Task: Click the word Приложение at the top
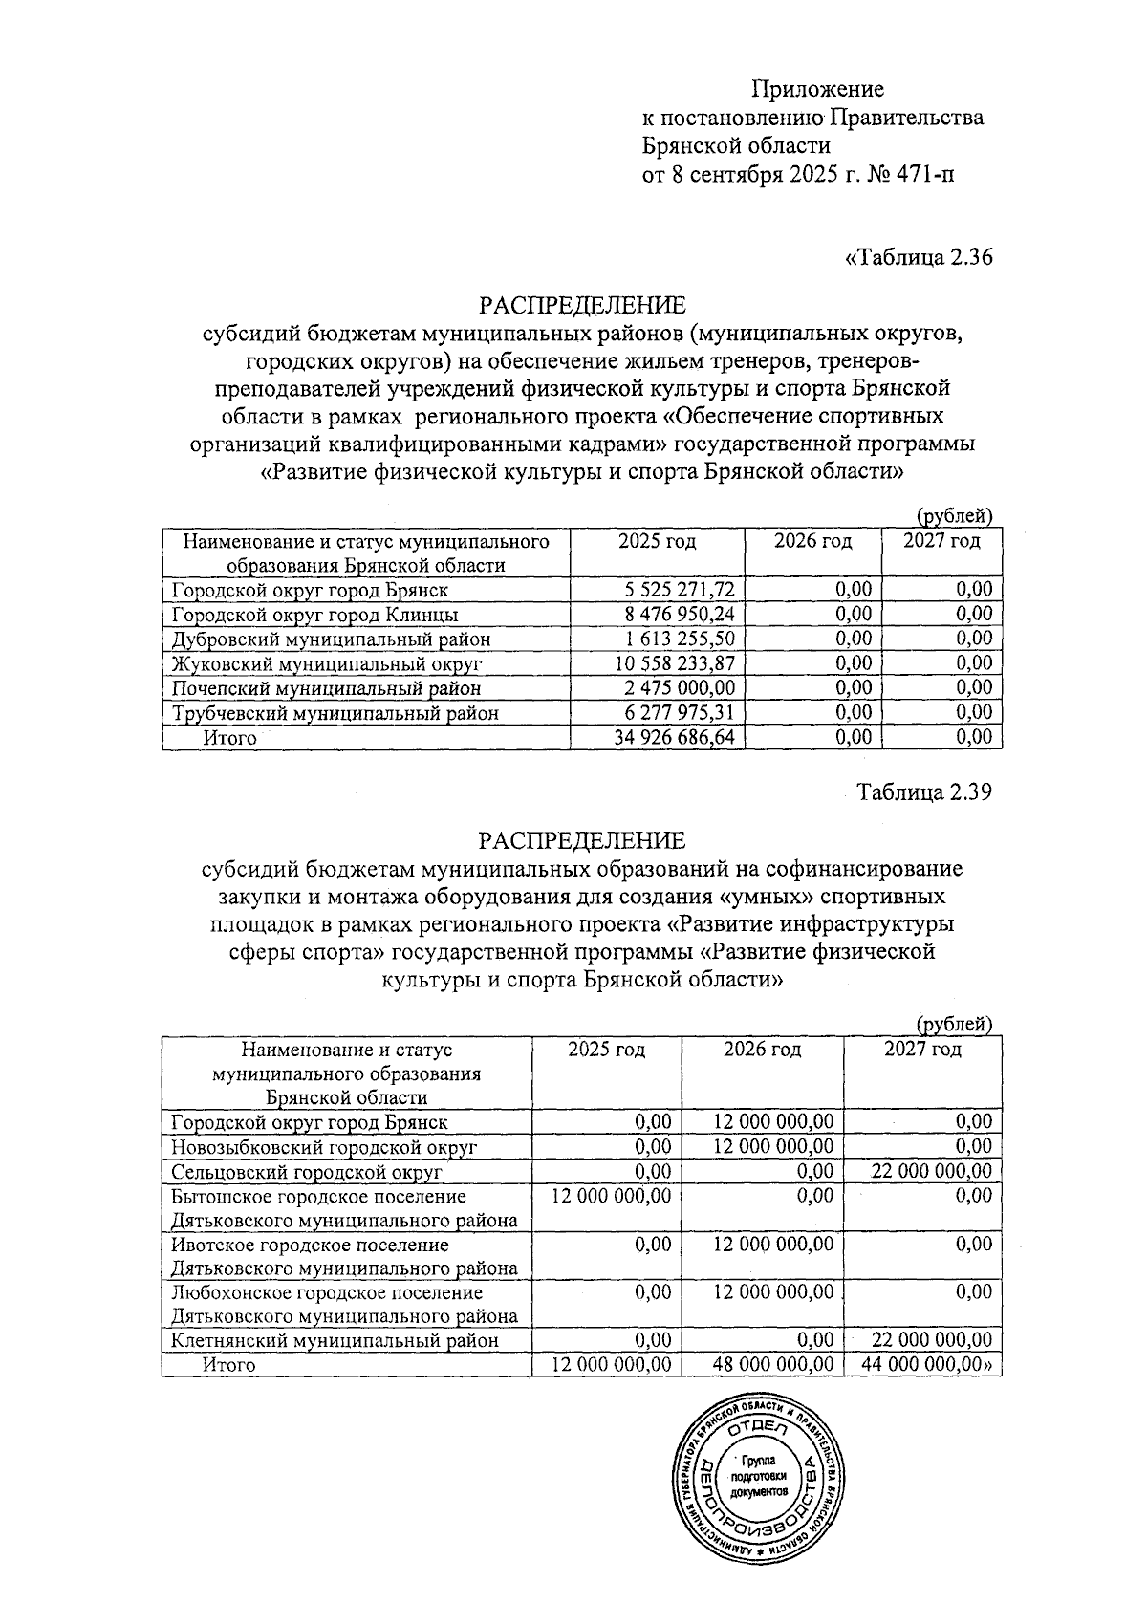817,89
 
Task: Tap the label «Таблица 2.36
919,258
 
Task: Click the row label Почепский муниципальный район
326,688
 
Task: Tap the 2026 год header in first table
812,542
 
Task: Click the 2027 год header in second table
922,1050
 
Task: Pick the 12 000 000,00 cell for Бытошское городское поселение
612,1196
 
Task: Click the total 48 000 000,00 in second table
773,1365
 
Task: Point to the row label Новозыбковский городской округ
324,1147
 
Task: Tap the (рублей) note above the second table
954,1024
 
